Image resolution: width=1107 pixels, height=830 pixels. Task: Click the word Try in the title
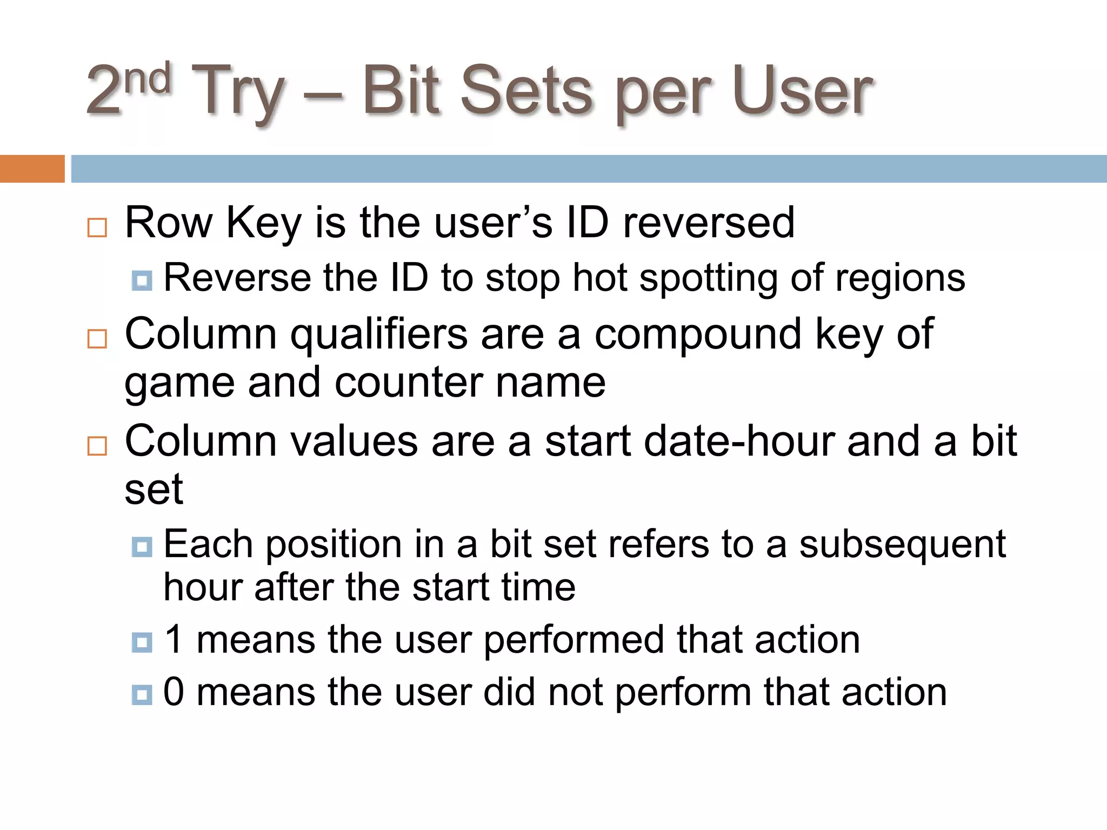point(238,92)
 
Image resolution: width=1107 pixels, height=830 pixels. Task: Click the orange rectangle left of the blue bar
point(32,169)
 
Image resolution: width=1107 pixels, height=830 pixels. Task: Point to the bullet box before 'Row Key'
point(97,227)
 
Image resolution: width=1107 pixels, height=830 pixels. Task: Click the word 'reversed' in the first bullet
point(709,223)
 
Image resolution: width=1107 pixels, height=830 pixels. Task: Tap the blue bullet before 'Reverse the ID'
point(142,280)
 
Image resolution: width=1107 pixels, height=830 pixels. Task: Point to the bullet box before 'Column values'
point(97,446)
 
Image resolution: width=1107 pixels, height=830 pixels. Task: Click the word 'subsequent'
point(902,545)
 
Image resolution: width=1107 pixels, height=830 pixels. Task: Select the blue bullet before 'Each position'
point(142,547)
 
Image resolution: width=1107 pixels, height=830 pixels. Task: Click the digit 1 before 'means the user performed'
point(174,640)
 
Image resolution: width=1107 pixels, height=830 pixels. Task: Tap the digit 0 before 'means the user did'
point(174,692)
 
